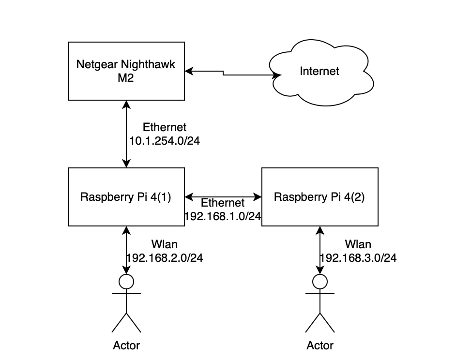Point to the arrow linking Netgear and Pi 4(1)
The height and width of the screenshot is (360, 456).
pyautogui.click(x=126, y=134)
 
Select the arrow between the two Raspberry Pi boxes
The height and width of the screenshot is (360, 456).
pyautogui.click(x=223, y=196)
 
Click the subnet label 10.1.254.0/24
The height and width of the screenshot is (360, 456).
pyautogui.click(x=165, y=140)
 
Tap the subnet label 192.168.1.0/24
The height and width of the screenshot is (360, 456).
pyautogui.click(x=223, y=216)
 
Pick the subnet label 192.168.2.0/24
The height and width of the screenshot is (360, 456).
pyautogui.click(x=165, y=258)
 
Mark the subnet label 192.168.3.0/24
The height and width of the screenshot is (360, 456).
pyautogui.click(x=358, y=258)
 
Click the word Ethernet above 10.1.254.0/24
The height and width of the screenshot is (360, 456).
pyautogui.click(x=165, y=127)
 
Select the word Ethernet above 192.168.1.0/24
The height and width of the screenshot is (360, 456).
pyautogui.click(x=223, y=203)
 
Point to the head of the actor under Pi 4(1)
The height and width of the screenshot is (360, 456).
pyautogui.click(x=126, y=281)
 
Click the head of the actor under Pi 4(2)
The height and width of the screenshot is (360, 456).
pyautogui.click(x=320, y=281)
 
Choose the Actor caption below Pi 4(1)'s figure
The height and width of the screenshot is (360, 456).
pyautogui.click(x=126, y=345)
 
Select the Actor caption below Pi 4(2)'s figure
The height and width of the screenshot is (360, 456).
pyautogui.click(x=320, y=345)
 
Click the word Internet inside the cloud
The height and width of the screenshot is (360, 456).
pyautogui.click(x=319, y=71)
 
